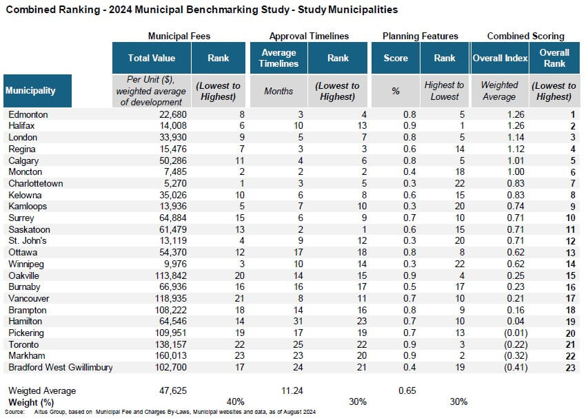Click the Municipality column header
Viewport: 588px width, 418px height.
pyautogui.click(x=37, y=91)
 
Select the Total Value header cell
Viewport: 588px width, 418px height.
pyautogui.click(x=152, y=58)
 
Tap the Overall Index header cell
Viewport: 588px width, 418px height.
pyautogui.click(x=500, y=58)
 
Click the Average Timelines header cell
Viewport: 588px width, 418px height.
pyautogui.click(x=278, y=58)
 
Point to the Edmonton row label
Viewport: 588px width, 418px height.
pyautogui.click(x=28, y=114)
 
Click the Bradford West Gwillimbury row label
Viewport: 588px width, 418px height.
pyautogui.click(x=61, y=367)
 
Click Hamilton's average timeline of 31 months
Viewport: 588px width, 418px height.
pyautogui.click(x=298, y=321)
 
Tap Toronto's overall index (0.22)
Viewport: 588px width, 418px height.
pyautogui.click(x=516, y=344)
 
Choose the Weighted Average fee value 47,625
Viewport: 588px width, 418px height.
pyautogui.click(x=173, y=390)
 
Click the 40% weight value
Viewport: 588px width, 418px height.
pyautogui.click(x=236, y=402)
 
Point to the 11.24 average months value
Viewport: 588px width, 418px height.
pyautogui.click(x=292, y=390)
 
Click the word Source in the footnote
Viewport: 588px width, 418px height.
pyautogui.click(x=14, y=412)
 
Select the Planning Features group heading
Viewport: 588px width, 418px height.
pyautogui.click(x=420, y=36)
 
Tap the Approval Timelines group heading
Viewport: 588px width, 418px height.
pyautogui.click(x=309, y=36)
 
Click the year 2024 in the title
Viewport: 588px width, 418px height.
pyautogui.click(x=121, y=10)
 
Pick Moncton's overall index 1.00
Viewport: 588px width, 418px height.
pyautogui.click(x=516, y=172)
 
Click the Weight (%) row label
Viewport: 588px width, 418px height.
pyautogui.click(x=31, y=403)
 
